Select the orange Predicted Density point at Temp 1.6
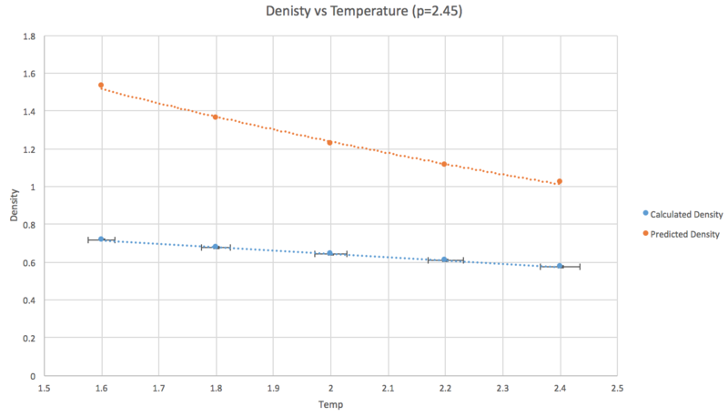tap(101, 85)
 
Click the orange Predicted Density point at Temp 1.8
tap(216, 117)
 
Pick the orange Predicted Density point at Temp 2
tap(330, 142)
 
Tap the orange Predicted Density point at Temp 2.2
tap(444, 164)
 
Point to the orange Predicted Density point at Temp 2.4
tap(560, 181)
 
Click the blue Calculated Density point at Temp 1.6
tap(101, 239)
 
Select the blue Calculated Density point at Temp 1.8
tap(216, 247)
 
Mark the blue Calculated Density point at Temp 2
tap(330, 253)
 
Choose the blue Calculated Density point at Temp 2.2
tap(444, 259)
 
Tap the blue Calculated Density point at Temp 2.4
tap(560, 266)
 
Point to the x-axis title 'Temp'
tap(330, 404)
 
